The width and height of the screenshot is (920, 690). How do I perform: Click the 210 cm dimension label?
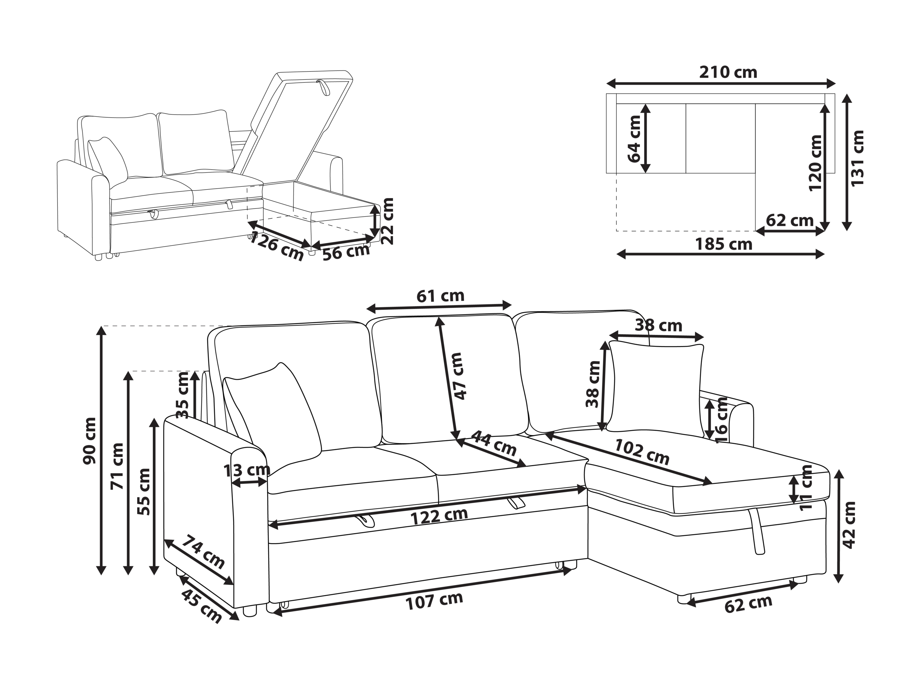point(728,73)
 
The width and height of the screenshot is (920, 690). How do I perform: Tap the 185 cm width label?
point(724,244)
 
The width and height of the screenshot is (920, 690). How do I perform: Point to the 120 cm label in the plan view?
point(816,163)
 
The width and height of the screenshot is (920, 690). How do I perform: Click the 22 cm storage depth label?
point(387,221)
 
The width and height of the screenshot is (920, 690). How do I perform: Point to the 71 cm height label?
point(117,467)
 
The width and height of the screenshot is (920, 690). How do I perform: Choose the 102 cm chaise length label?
point(642,452)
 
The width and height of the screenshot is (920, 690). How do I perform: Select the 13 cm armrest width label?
point(247,470)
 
